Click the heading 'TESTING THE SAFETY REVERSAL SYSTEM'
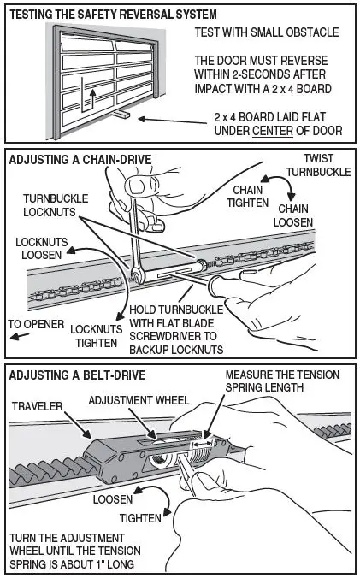tap(111, 15)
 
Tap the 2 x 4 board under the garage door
tap(122, 115)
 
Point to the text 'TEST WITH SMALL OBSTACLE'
tap(267, 32)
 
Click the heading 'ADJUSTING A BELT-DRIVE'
tap(76, 375)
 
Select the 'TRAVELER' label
tap(39, 406)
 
